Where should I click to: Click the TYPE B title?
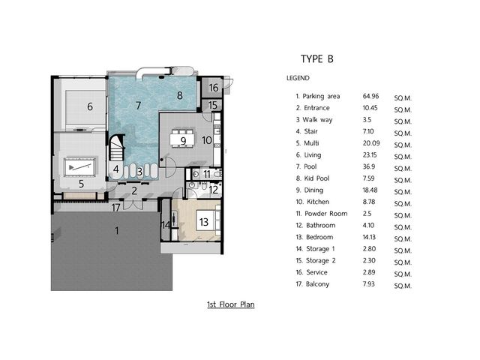316,58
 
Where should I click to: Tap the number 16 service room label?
213,88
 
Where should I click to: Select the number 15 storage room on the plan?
211,106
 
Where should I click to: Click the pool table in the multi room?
80,166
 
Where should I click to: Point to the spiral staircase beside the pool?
117,147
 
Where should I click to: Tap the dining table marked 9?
183,139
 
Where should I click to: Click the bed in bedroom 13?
208,221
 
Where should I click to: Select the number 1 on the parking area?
117,230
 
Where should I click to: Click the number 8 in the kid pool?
180,95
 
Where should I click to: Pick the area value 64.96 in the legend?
370,96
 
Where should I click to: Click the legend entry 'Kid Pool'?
316,178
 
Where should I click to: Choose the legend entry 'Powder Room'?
326,213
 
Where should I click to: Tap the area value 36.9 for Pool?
369,166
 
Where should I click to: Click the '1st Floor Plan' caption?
231,304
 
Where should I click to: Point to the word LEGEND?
298,78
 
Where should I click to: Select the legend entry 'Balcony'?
317,284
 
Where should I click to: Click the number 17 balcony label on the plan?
115,208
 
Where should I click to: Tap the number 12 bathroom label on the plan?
213,190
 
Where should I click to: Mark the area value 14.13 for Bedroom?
369,237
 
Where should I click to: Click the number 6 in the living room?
90,106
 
